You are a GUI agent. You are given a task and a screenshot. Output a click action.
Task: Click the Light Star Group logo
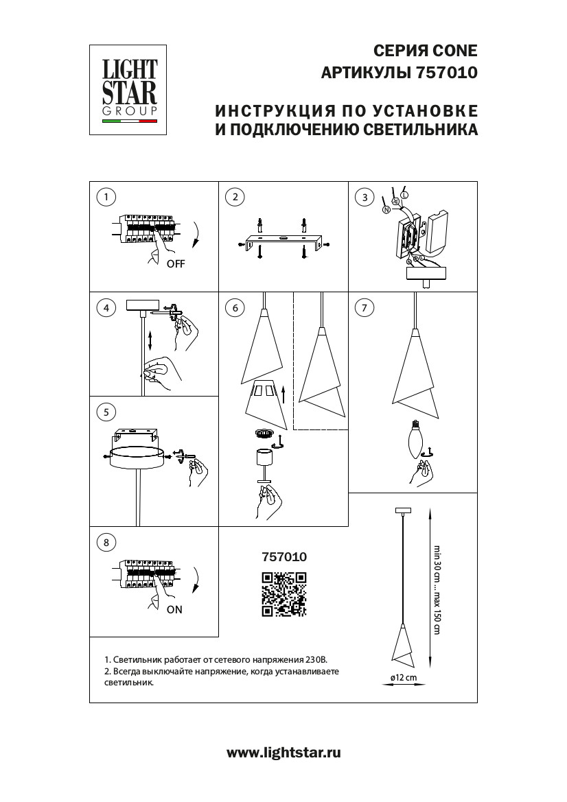tap(130, 90)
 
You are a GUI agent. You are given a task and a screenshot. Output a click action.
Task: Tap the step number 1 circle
tap(106, 198)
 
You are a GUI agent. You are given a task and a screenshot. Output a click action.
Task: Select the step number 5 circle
tap(106, 412)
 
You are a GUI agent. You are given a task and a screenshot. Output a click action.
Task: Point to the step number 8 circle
tap(106, 543)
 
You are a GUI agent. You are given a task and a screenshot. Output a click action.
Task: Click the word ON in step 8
tap(174, 610)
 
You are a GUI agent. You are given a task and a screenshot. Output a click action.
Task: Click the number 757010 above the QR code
tap(284, 558)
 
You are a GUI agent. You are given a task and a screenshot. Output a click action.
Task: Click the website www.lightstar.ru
tap(283, 753)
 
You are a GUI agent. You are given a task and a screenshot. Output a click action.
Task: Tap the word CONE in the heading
tap(451, 50)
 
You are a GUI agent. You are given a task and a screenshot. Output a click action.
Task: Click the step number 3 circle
tap(365, 198)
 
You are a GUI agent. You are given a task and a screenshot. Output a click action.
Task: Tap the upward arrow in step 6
tap(283, 394)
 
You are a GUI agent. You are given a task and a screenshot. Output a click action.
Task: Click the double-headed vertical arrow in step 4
tap(149, 340)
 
